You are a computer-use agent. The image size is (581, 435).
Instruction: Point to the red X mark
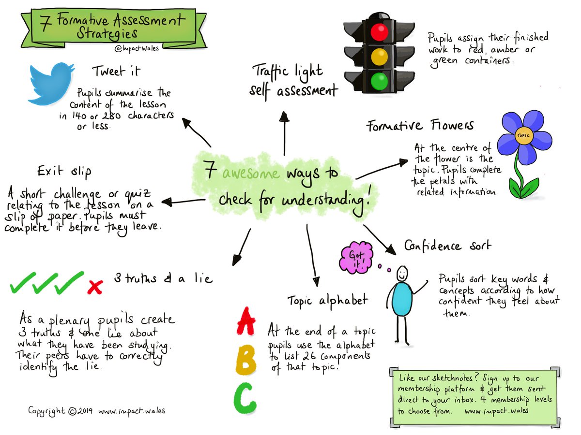95,287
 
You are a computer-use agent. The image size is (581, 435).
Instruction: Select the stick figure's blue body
401,300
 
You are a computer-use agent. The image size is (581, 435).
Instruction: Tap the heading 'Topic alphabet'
327,300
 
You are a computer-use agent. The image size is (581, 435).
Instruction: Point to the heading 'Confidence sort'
447,246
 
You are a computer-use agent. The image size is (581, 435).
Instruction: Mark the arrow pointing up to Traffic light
284,126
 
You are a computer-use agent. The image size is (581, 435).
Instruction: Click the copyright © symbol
72,412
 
